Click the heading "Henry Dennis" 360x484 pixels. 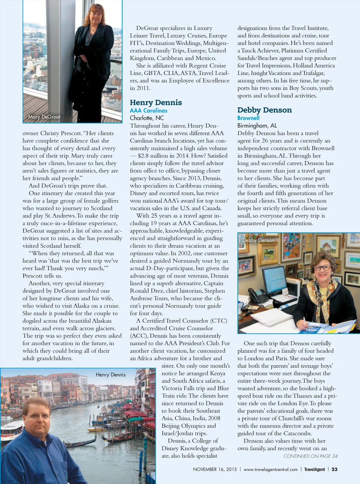pyautogui.click(x=156, y=102)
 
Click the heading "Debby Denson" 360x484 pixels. pyautogui.click(x=264, y=110)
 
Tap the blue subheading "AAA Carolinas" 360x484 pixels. pyautogui.click(x=148, y=110)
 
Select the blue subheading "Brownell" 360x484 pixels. pyautogui.click(x=248, y=118)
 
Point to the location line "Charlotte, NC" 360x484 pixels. pyautogui.click(x=147, y=118)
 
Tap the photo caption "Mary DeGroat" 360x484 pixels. pyautogui.click(x=44, y=117)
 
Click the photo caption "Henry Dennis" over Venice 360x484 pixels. pyautogui.click(x=110, y=375)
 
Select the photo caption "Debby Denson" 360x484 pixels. pyautogui.click(x=258, y=240)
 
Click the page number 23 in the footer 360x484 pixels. pyautogui.click(x=334, y=469)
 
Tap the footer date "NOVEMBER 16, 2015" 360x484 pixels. pyautogui.click(x=215, y=469)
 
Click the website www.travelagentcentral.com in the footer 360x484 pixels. pyautogui.click(x=270, y=469)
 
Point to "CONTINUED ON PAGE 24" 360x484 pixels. pyautogui.click(x=310, y=456)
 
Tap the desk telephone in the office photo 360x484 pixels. pyautogui.click(x=256, y=296)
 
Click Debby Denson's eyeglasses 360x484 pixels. pyautogui.click(x=322, y=268)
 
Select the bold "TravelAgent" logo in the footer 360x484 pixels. pyautogui.click(x=314, y=469)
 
